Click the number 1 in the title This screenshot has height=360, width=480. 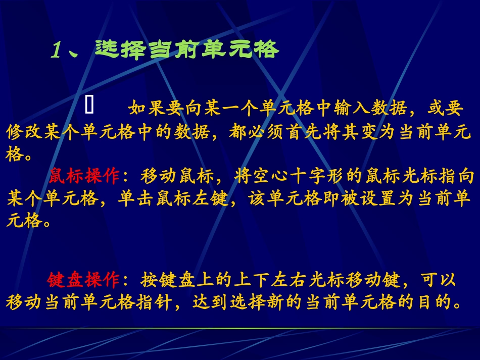coord(57,50)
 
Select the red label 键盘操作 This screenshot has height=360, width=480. coord(84,279)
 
